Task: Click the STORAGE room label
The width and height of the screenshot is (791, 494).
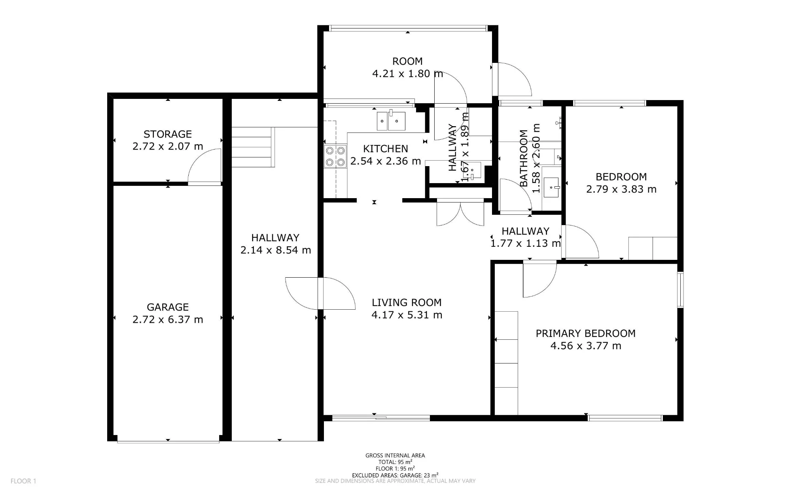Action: [x=168, y=134]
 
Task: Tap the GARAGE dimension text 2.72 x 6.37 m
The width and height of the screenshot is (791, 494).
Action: [x=168, y=320]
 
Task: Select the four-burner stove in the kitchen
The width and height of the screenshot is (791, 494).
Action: [x=335, y=156]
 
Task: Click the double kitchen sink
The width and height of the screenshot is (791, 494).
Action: [x=391, y=121]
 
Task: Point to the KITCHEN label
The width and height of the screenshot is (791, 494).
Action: [x=386, y=149]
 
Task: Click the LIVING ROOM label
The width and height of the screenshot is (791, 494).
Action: [x=407, y=303]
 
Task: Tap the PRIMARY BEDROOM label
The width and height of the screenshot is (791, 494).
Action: [x=586, y=333]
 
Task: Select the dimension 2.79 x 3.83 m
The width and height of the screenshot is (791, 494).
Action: [x=621, y=189]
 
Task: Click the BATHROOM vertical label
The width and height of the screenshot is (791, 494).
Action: [x=524, y=158]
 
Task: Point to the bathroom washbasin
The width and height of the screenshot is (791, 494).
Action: [x=551, y=187]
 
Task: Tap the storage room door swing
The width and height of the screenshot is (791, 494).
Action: [x=204, y=167]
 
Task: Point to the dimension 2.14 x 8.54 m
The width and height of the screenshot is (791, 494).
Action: [x=276, y=250]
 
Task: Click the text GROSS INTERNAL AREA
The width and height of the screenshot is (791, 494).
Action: [x=395, y=456]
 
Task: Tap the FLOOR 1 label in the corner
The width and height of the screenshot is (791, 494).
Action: [x=23, y=481]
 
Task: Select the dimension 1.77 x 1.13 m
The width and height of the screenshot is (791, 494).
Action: [x=526, y=243]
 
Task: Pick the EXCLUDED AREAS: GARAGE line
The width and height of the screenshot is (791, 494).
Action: [x=395, y=475]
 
